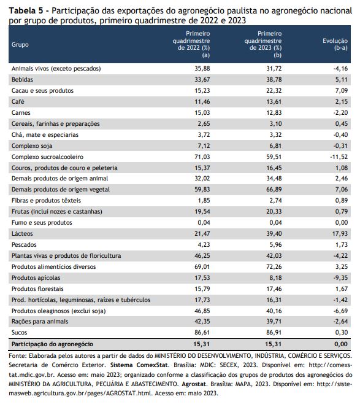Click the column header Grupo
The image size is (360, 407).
20,44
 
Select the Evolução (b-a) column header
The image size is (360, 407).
335,44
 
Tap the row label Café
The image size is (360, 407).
18,101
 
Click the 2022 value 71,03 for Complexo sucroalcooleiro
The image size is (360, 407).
202,157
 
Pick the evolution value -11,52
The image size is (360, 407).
339,157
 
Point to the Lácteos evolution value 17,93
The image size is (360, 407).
340,234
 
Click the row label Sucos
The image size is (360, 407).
19,333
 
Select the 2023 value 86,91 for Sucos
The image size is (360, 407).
274,333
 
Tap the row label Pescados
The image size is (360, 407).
24,245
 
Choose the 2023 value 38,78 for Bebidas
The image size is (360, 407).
274,79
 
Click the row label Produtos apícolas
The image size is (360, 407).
36,277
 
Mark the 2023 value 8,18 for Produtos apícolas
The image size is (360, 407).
275,277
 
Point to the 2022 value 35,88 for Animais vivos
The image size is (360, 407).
202,69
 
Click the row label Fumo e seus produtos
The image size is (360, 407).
42,222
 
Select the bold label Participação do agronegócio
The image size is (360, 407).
52,344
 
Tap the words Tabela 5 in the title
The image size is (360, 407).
25,10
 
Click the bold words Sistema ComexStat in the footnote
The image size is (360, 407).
139,365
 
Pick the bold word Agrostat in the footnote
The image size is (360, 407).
194,384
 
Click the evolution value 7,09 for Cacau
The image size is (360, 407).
342,91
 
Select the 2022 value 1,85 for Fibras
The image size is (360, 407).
204,200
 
